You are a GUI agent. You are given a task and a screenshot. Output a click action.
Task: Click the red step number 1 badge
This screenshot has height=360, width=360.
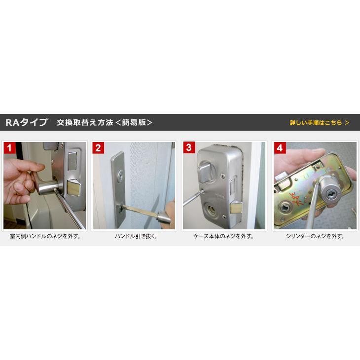10,148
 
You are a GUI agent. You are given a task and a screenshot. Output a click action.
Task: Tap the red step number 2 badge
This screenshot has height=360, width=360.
98,148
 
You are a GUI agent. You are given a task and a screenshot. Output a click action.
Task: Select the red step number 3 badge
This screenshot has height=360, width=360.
189,147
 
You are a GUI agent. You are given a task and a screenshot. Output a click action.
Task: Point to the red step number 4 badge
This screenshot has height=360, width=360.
280,148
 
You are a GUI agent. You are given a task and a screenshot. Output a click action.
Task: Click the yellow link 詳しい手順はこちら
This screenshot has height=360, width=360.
320,123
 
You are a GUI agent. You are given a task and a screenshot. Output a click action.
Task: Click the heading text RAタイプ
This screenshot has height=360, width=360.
27,122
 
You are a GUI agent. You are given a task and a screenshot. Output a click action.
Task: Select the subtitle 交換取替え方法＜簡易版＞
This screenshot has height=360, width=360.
105,122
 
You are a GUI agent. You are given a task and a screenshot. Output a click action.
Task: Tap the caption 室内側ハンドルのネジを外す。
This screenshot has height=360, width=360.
45,236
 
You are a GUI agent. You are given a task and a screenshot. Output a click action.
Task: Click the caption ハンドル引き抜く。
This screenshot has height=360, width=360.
136,236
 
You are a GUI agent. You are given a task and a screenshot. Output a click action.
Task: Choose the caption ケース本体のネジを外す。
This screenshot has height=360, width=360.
224,236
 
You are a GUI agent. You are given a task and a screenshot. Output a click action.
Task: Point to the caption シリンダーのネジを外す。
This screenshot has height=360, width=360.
315,236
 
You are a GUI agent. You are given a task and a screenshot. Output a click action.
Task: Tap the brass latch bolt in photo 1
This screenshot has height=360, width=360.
74,187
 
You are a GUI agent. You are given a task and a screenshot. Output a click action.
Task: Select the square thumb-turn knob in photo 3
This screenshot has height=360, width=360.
205,172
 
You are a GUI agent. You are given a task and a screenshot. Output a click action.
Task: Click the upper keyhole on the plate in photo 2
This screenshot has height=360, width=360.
120,176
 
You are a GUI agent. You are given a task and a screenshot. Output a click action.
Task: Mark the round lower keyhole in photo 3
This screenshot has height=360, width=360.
211,210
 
